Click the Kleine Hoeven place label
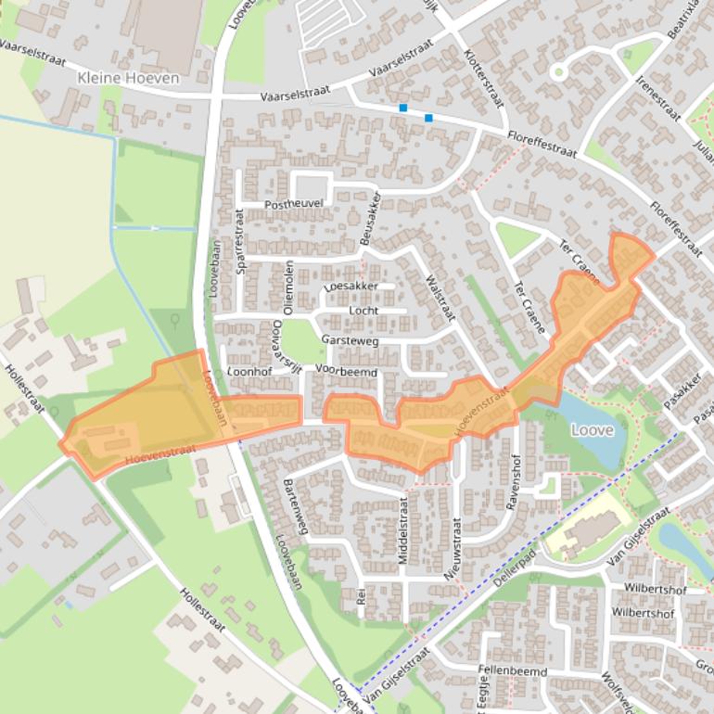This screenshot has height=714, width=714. click(x=129, y=78)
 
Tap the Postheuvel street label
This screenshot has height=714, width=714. click(x=294, y=204)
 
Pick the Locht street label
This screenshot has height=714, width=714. click(x=363, y=311)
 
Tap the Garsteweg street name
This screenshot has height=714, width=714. click(x=350, y=341)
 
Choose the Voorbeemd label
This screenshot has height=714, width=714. click(x=346, y=371)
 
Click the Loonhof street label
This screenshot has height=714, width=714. click(x=248, y=371)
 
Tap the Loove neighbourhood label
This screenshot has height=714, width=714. click(x=592, y=430)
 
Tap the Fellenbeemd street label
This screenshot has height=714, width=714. click(x=513, y=671)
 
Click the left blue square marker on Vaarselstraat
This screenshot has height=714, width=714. click(x=403, y=108)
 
